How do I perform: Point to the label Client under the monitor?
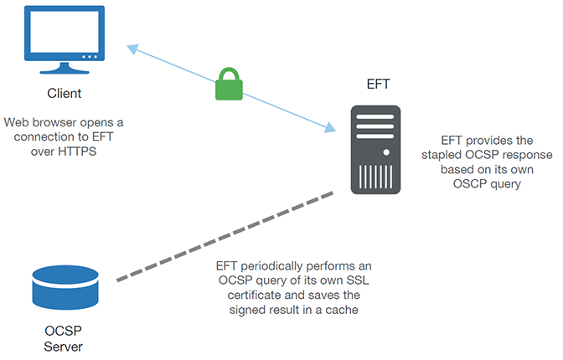pos(64,93)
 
